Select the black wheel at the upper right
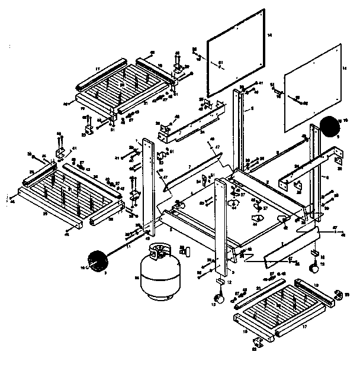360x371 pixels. (329, 127)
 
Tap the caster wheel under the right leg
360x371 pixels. (313, 269)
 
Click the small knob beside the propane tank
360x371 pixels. (185, 252)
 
